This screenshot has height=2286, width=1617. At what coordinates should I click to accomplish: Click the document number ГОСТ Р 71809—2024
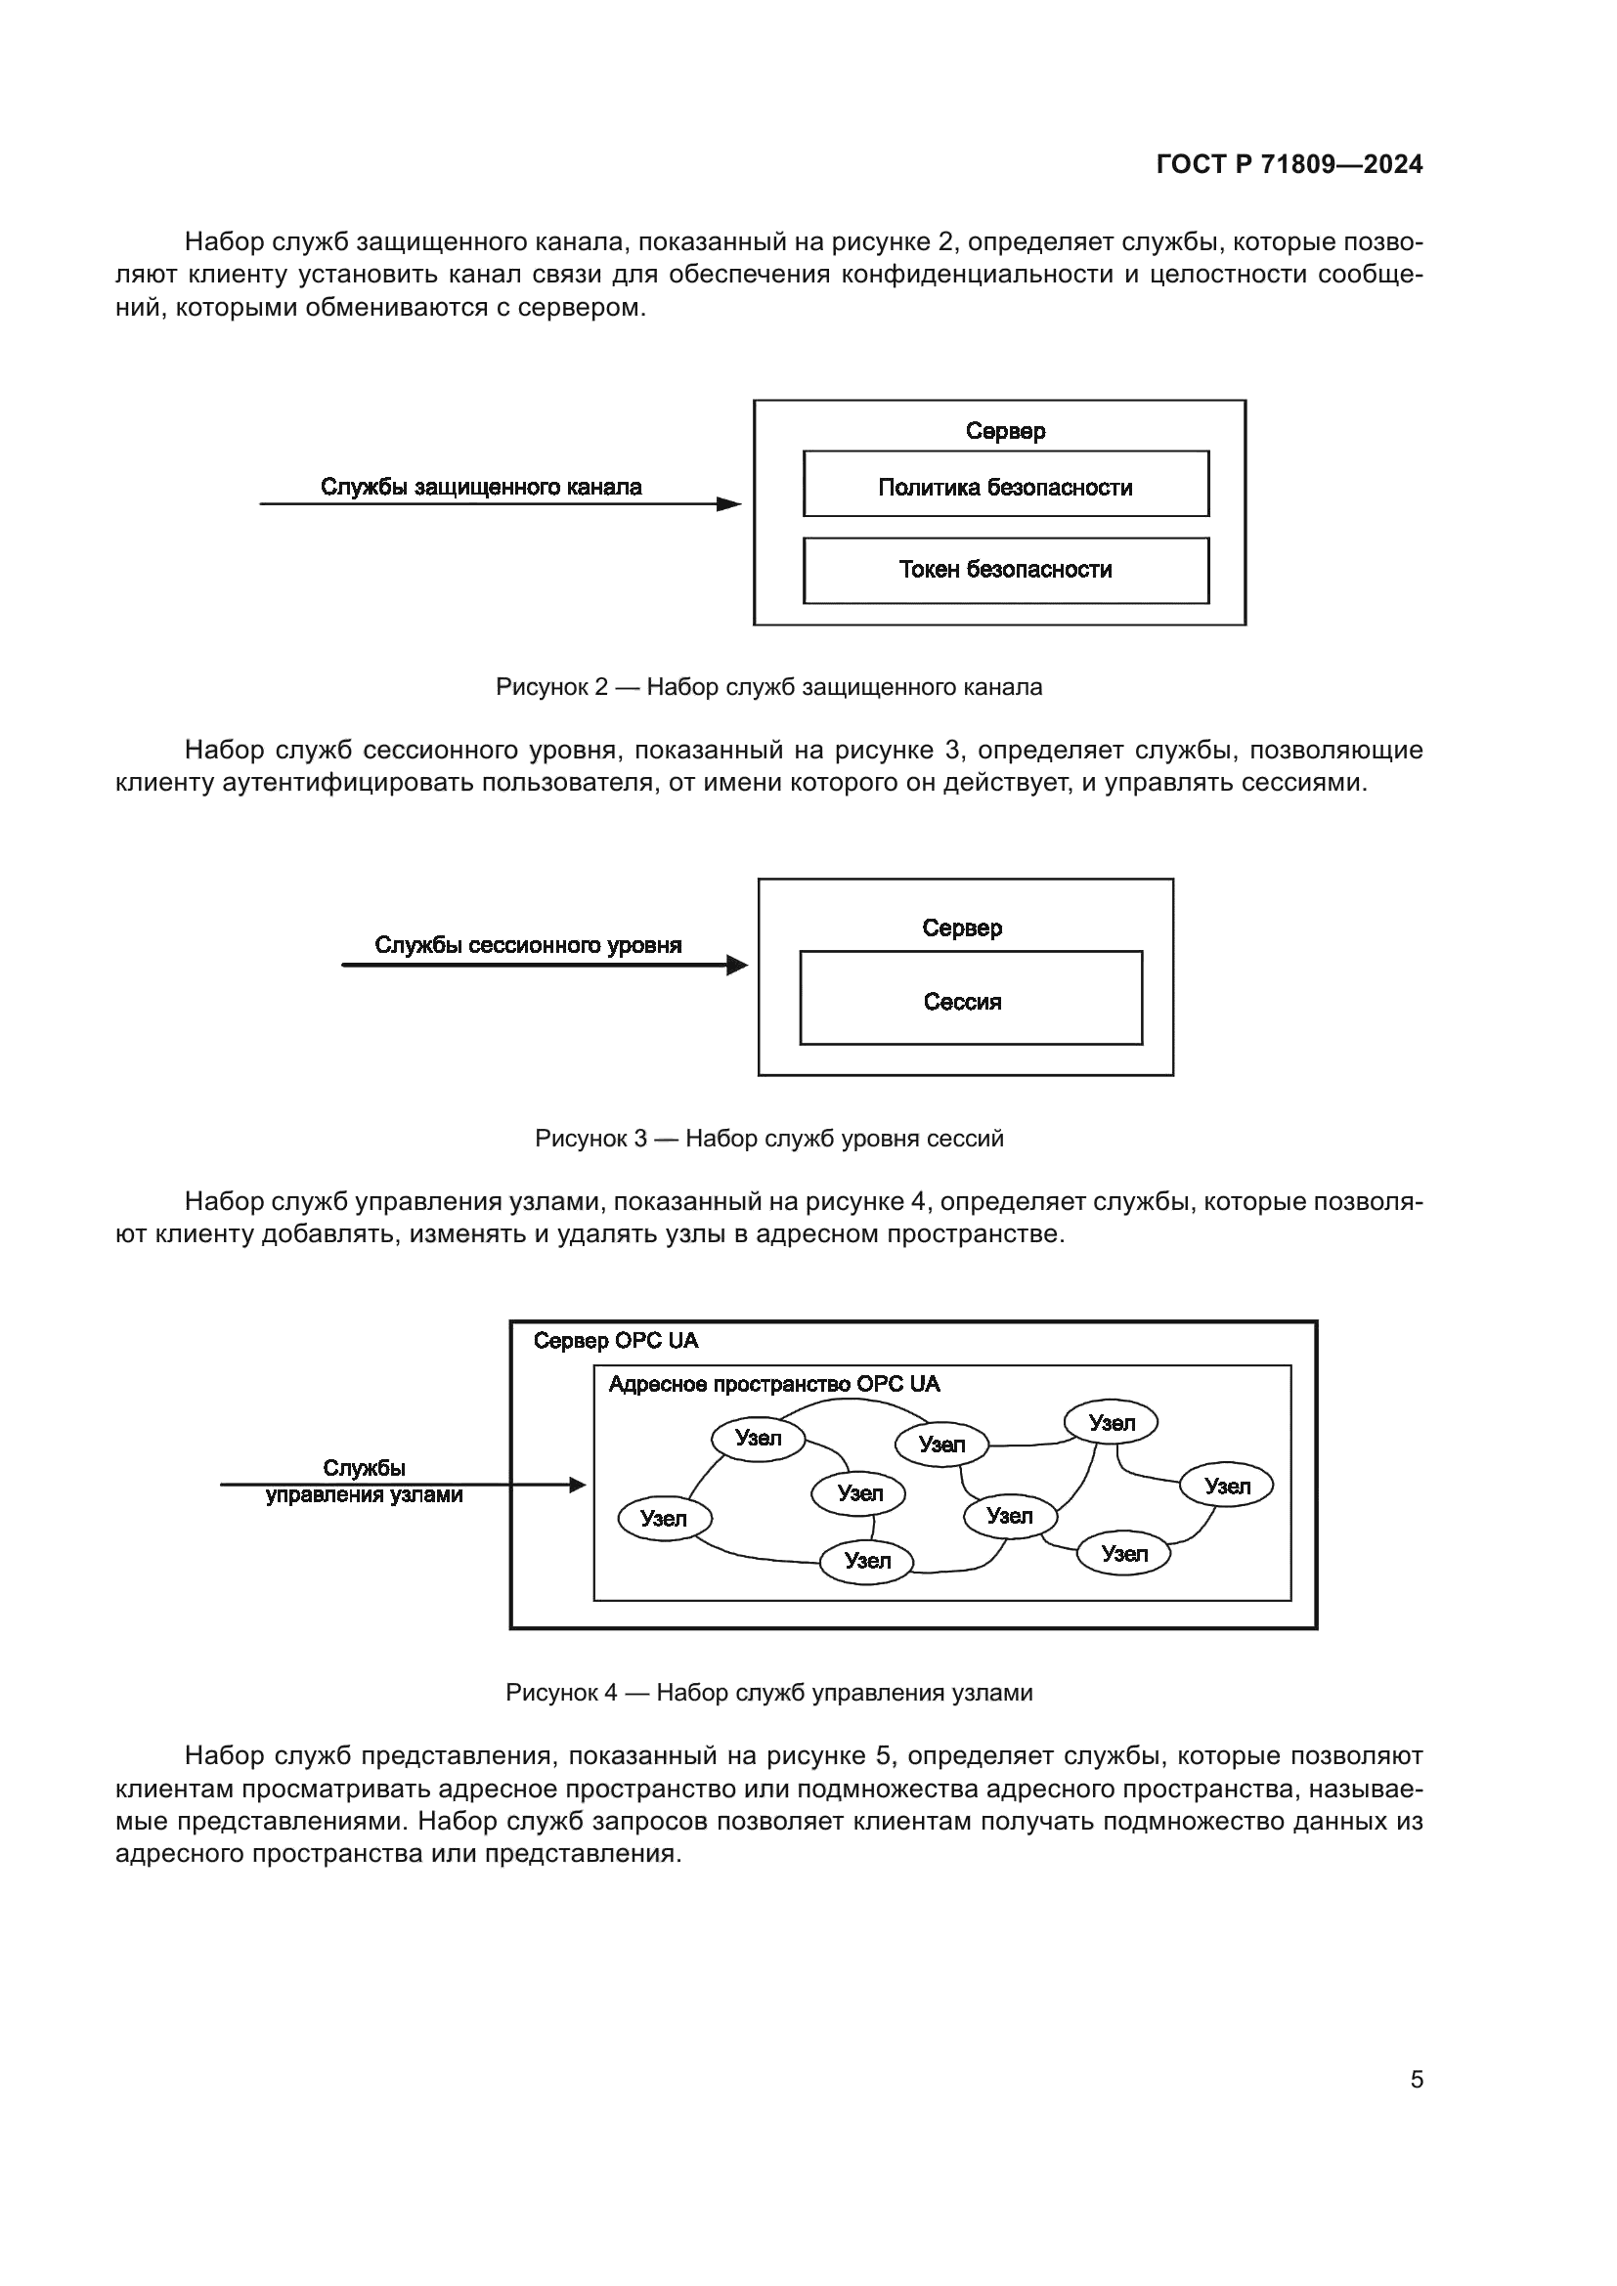[x=1289, y=164]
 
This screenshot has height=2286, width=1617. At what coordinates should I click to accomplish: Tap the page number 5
[x=1416, y=2079]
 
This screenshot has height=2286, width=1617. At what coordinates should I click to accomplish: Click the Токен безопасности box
[x=1006, y=571]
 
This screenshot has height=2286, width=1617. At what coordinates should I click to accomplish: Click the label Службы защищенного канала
[x=481, y=487]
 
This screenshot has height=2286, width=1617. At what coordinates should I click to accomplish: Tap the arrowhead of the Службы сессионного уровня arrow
[x=738, y=965]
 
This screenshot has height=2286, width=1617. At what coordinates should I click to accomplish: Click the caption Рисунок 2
[x=768, y=687]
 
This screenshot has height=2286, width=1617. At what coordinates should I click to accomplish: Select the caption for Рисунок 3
[x=768, y=1138]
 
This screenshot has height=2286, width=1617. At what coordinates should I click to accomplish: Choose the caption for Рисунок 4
[x=768, y=1693]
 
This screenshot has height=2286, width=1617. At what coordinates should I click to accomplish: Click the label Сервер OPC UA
[x=615, y=1341]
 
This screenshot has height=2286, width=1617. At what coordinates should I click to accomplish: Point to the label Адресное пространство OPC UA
[x=773, y=1384]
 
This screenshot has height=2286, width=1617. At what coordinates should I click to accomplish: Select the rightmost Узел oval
[x=1226, y=1487]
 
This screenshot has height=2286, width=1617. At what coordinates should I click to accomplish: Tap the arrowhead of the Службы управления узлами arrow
[x=578, y=1486]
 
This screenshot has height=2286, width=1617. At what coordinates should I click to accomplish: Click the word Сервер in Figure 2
[x=1006, y=431]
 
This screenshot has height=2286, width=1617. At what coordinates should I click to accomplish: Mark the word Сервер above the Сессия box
[x=962, y=927]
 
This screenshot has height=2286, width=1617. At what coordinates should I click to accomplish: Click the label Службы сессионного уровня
[x=528, y=945]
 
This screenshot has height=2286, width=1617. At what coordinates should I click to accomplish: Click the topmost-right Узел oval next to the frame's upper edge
[x=1112, y=1423]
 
